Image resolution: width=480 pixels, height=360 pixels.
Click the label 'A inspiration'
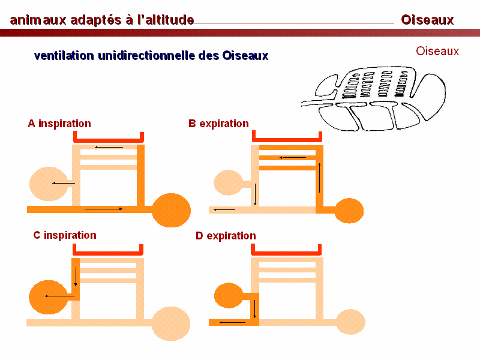(59, 124)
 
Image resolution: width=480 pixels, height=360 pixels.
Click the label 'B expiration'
(218, 124)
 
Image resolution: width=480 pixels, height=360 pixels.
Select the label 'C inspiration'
(65, 235)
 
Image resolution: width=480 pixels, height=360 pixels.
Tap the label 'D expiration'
(226, 236)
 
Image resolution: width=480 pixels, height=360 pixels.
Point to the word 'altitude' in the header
(170, 20)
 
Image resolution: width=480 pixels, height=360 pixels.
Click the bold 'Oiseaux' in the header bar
(427, 20)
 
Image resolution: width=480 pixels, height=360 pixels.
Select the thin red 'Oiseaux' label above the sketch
(437, 51)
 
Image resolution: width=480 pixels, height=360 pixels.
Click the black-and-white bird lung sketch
(373, 98)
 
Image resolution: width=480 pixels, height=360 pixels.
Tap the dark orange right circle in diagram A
(171, 210)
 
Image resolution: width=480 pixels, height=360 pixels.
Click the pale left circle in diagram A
(49, 184)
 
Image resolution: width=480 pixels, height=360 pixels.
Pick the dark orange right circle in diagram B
(349, 211)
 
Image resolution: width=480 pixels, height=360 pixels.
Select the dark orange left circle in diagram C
(49, 297)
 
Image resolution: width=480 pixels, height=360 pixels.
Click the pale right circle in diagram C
(171, 323)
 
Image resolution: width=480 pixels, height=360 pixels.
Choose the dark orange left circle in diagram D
(229, 295)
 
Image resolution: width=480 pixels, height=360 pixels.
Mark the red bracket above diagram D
(286, 253)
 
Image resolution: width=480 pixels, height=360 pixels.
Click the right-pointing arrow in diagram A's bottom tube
(103, 209)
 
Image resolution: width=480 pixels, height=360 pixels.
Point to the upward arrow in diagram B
(320, 178)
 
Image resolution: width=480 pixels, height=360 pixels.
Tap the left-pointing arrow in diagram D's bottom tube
(232, 322)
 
